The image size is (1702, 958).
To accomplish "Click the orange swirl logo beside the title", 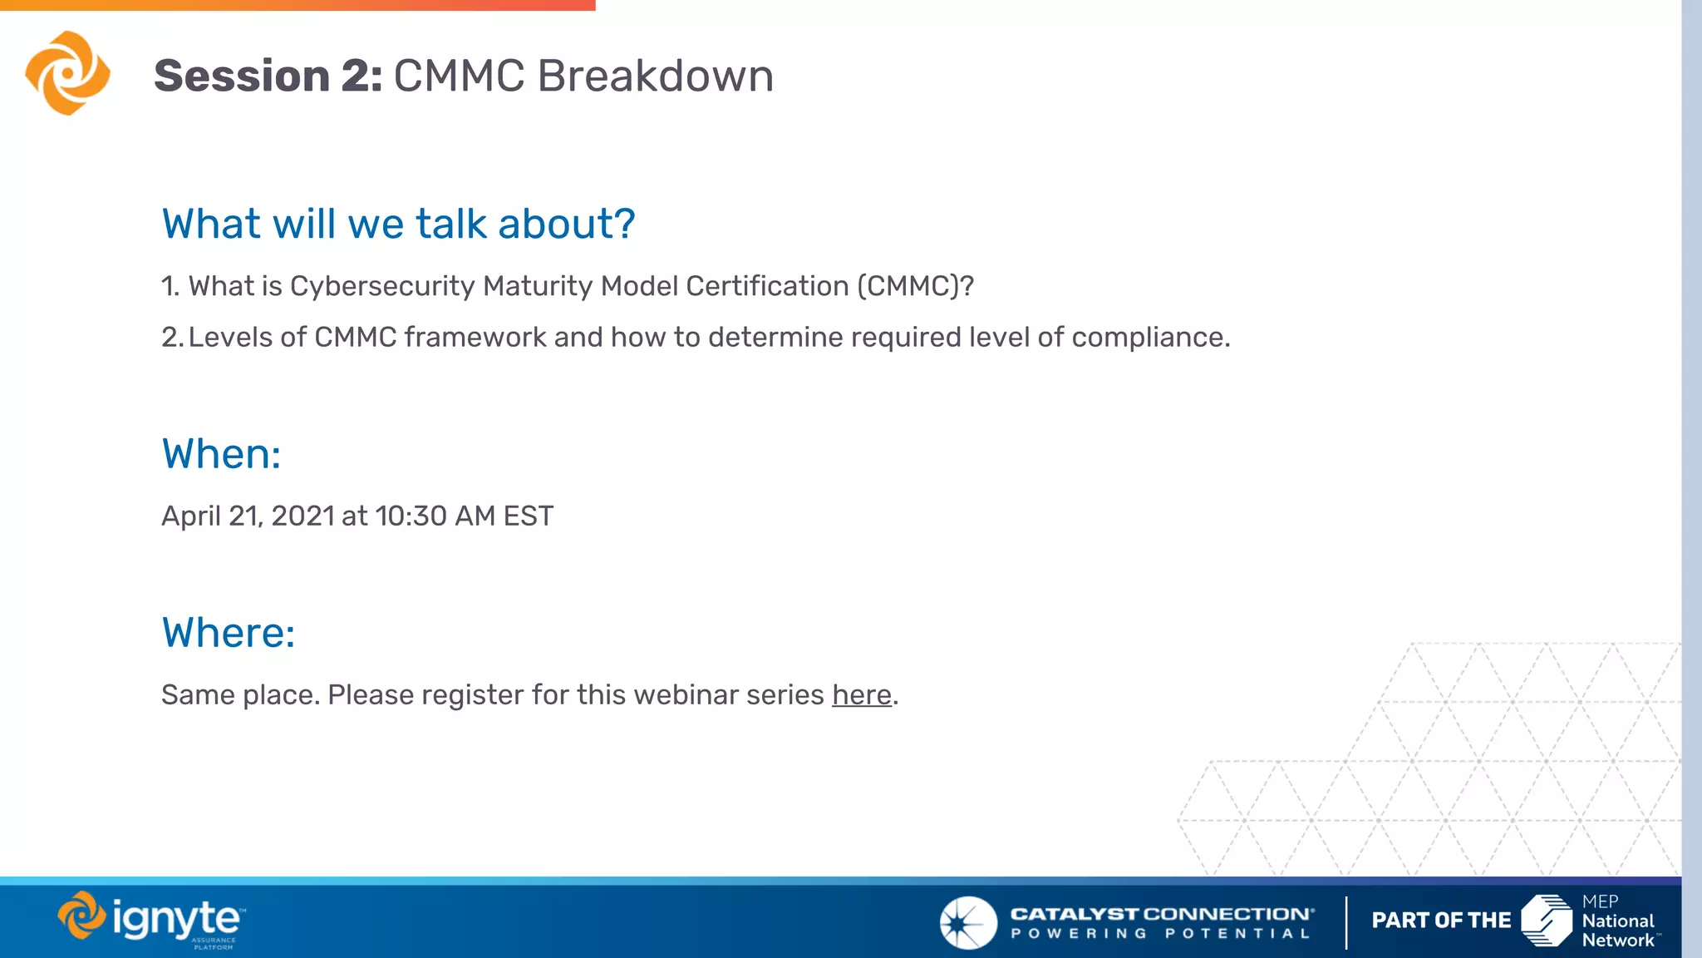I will coord(67,73).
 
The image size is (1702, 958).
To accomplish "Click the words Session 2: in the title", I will coord(268,76).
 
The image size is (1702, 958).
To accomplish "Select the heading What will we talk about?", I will coord(398,224).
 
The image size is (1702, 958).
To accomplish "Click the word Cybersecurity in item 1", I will coord(381,286).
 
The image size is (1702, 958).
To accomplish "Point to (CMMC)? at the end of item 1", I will coord(915,286).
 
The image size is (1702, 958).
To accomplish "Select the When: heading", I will coord(221,454).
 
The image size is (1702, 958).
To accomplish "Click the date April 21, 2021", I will coord(248,516).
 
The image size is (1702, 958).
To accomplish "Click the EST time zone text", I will coord(528,516).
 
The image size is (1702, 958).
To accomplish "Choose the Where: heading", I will coord(229,633).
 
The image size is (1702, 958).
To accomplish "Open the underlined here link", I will coord(861,694).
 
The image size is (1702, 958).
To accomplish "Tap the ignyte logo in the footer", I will coord(152,920).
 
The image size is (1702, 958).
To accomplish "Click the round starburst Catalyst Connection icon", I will coord(967,922).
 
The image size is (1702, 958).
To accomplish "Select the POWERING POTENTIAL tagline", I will coord(1160,934).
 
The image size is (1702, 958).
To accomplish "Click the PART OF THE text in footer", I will coord(1440,921).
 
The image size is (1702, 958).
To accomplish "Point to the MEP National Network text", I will coord(1616,921).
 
